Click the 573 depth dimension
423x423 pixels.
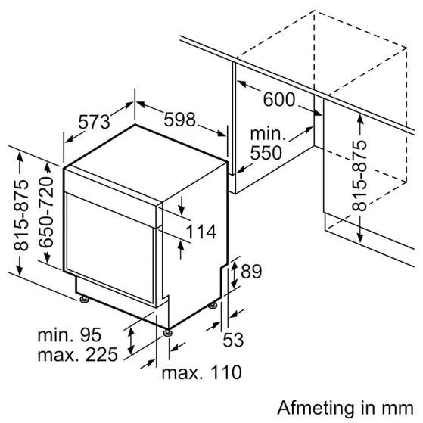coord(95,122)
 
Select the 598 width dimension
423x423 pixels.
coord(179,120)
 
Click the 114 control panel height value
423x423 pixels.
coord(201,232)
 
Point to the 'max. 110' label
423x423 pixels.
coord(201,372)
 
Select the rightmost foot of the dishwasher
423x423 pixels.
coord(214,304)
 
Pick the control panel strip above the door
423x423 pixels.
coord(110,182)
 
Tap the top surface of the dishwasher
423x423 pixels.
coord(144,148)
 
